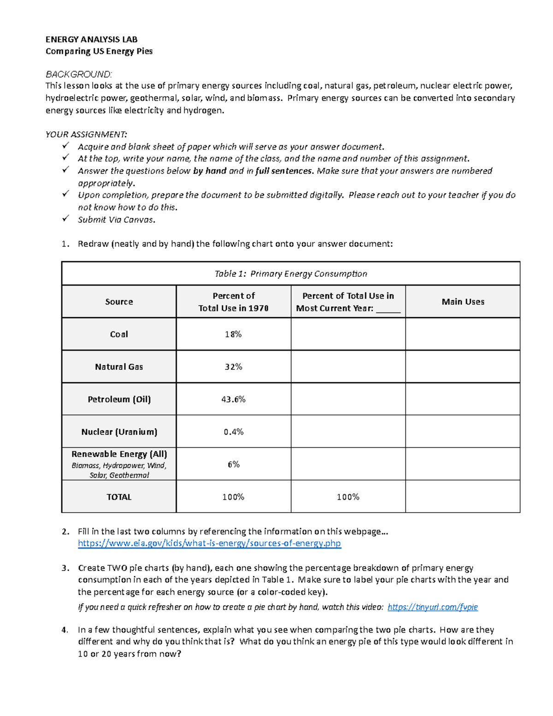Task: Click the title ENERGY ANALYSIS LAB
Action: tap(91, 39)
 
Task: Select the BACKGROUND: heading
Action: tap(78, 74)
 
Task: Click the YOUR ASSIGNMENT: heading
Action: tap(86, 134)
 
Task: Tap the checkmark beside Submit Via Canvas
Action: tap(65, 219)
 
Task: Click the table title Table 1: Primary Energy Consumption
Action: tap(291, 274)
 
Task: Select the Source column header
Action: tap(119, 302)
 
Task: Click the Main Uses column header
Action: tap(463, 302)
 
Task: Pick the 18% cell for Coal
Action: tap(233, 334)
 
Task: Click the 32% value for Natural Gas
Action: tap(233, 367)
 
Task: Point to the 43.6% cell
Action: tap(233, 399)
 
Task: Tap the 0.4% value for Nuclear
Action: tap(233, 432)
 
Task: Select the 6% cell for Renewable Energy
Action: tap(233, 464)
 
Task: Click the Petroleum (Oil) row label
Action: tap(119, 399)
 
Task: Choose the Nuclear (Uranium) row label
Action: tap(119, 432)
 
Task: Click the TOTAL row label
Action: tap(119, 497)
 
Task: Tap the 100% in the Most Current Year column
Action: tap(348, 497)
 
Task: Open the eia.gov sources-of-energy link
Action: tap(209, 543)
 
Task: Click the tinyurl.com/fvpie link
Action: tap(432, 607)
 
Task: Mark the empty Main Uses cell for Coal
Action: tap(463, 334)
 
